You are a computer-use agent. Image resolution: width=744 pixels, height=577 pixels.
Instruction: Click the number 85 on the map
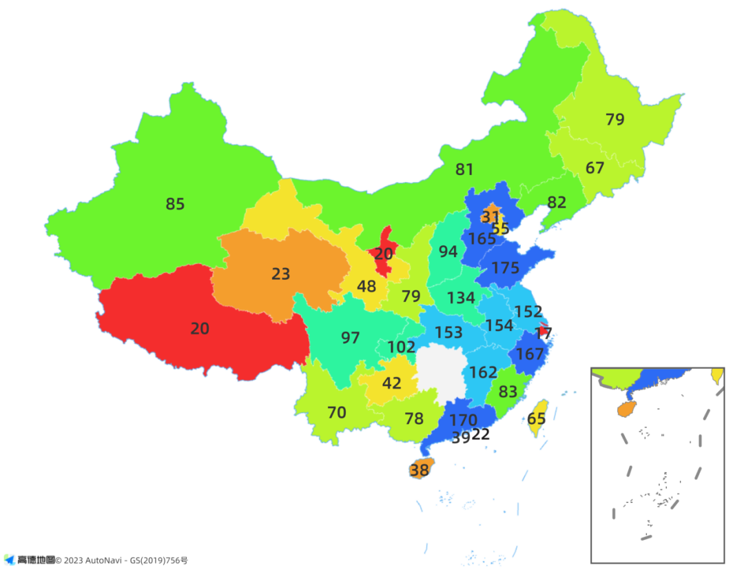[x=175, y=204]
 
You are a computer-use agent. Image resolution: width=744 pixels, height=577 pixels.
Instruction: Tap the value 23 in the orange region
[x=280, y=274]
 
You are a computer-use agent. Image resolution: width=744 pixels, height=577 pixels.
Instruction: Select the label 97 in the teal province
[x=351, y=338]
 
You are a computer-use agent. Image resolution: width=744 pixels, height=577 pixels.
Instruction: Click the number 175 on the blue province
[x=506, y=268]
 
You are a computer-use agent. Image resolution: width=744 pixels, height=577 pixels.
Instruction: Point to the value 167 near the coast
[x=530, y=354]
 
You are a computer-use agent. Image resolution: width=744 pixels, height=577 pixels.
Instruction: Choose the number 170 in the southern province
[x=463, y=420]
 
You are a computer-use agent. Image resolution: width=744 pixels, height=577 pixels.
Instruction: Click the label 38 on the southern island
[x=419, y=470]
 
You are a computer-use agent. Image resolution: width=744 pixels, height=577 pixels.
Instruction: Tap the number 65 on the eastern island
[x=537, y=418]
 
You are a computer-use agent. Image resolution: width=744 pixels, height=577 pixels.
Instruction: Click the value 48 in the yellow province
[x=366, y=286]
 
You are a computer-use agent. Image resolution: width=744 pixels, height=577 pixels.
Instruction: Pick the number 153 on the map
[x=448, y=332]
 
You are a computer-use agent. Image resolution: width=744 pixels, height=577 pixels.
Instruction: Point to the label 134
[x=461, y=298]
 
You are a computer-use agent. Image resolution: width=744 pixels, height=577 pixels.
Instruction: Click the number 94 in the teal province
[x=448, y=252]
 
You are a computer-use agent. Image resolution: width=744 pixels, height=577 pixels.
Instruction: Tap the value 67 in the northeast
[x=595, y=168]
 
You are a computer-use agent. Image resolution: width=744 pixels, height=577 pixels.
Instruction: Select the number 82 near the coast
[x=556, y=202]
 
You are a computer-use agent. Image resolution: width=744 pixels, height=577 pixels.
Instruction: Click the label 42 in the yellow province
[x=391, y=383]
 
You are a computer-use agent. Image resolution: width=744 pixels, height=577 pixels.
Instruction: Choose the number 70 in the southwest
[x=336, y=413]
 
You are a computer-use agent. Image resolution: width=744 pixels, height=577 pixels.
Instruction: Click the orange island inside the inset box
[x=626, y=408]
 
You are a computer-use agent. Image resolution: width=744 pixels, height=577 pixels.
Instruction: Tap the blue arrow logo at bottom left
[x=9, y=559]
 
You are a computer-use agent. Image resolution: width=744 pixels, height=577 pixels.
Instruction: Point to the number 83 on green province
[x=508, y=392]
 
